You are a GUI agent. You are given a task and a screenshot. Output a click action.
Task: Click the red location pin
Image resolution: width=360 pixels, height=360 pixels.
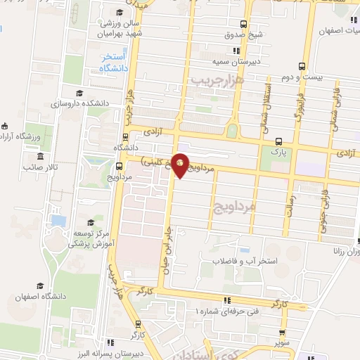181,165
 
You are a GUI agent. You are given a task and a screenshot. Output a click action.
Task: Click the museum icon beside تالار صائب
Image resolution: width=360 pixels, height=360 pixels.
40,156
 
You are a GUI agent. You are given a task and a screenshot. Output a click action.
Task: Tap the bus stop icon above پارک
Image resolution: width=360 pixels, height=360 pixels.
280,140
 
